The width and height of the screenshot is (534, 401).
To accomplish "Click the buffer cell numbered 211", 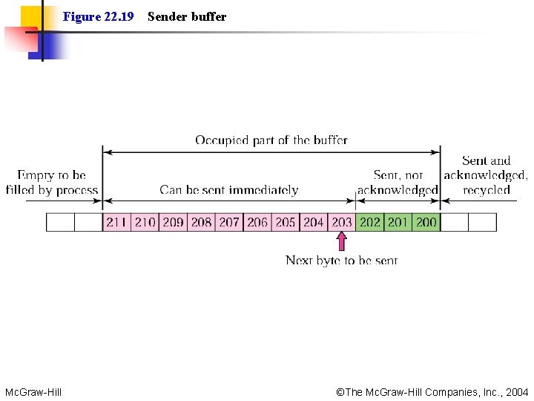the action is tap(116, 222).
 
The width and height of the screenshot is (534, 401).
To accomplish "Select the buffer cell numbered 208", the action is tap(201, 222).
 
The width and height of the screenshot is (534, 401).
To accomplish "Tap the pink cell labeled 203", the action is tap(342, 222).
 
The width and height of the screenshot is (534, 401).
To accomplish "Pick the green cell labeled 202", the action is tap(369, 222).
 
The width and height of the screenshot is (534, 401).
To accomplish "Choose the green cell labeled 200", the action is tap(426, 222).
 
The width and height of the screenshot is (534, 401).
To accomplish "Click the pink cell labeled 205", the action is tap(286, 222).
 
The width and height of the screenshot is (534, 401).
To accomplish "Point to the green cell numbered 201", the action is tap(398, 222).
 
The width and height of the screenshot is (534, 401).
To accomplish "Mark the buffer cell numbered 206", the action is tap(257, 222).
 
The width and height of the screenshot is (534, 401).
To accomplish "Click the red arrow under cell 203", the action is tap(341, 241).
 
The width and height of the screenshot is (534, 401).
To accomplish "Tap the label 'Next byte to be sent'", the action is tap(341, 260).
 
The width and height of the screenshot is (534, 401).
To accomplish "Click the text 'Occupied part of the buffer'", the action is tap(271, 140).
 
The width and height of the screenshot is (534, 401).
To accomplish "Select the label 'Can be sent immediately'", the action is tap(228, 190).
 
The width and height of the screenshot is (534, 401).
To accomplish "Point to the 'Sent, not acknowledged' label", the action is tap(398, 183).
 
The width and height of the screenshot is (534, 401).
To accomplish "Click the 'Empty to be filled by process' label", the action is tap(52, 183).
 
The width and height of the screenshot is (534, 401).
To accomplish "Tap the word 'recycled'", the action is tap(487, 190).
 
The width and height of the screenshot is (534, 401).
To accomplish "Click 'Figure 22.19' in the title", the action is tap(98, 16).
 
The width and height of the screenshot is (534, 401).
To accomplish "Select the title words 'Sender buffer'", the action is tap(187, 16).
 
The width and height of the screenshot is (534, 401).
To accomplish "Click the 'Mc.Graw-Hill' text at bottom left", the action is tap(33, 391).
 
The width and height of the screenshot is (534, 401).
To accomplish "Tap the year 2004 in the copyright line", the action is tap(516, 391).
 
